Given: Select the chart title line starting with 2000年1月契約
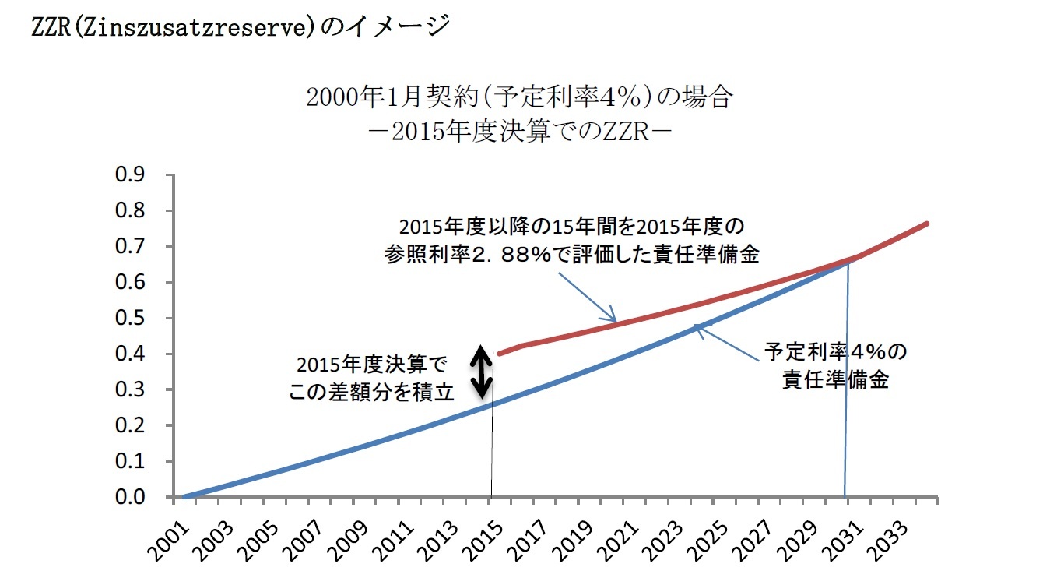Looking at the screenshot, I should pos(519,99).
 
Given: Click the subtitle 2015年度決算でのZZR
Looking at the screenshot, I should pos(519,130).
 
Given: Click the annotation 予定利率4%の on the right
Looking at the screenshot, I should pos(835,352).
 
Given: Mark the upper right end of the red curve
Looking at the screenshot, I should pos(926,224).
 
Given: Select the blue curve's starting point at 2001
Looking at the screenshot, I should pos(185,496).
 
